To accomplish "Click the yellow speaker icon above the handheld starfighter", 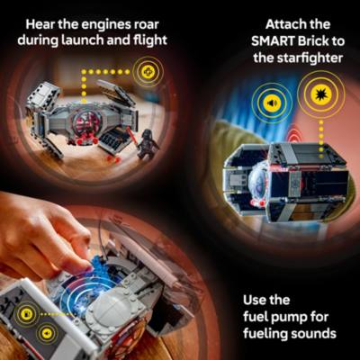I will (x=269, y=102).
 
